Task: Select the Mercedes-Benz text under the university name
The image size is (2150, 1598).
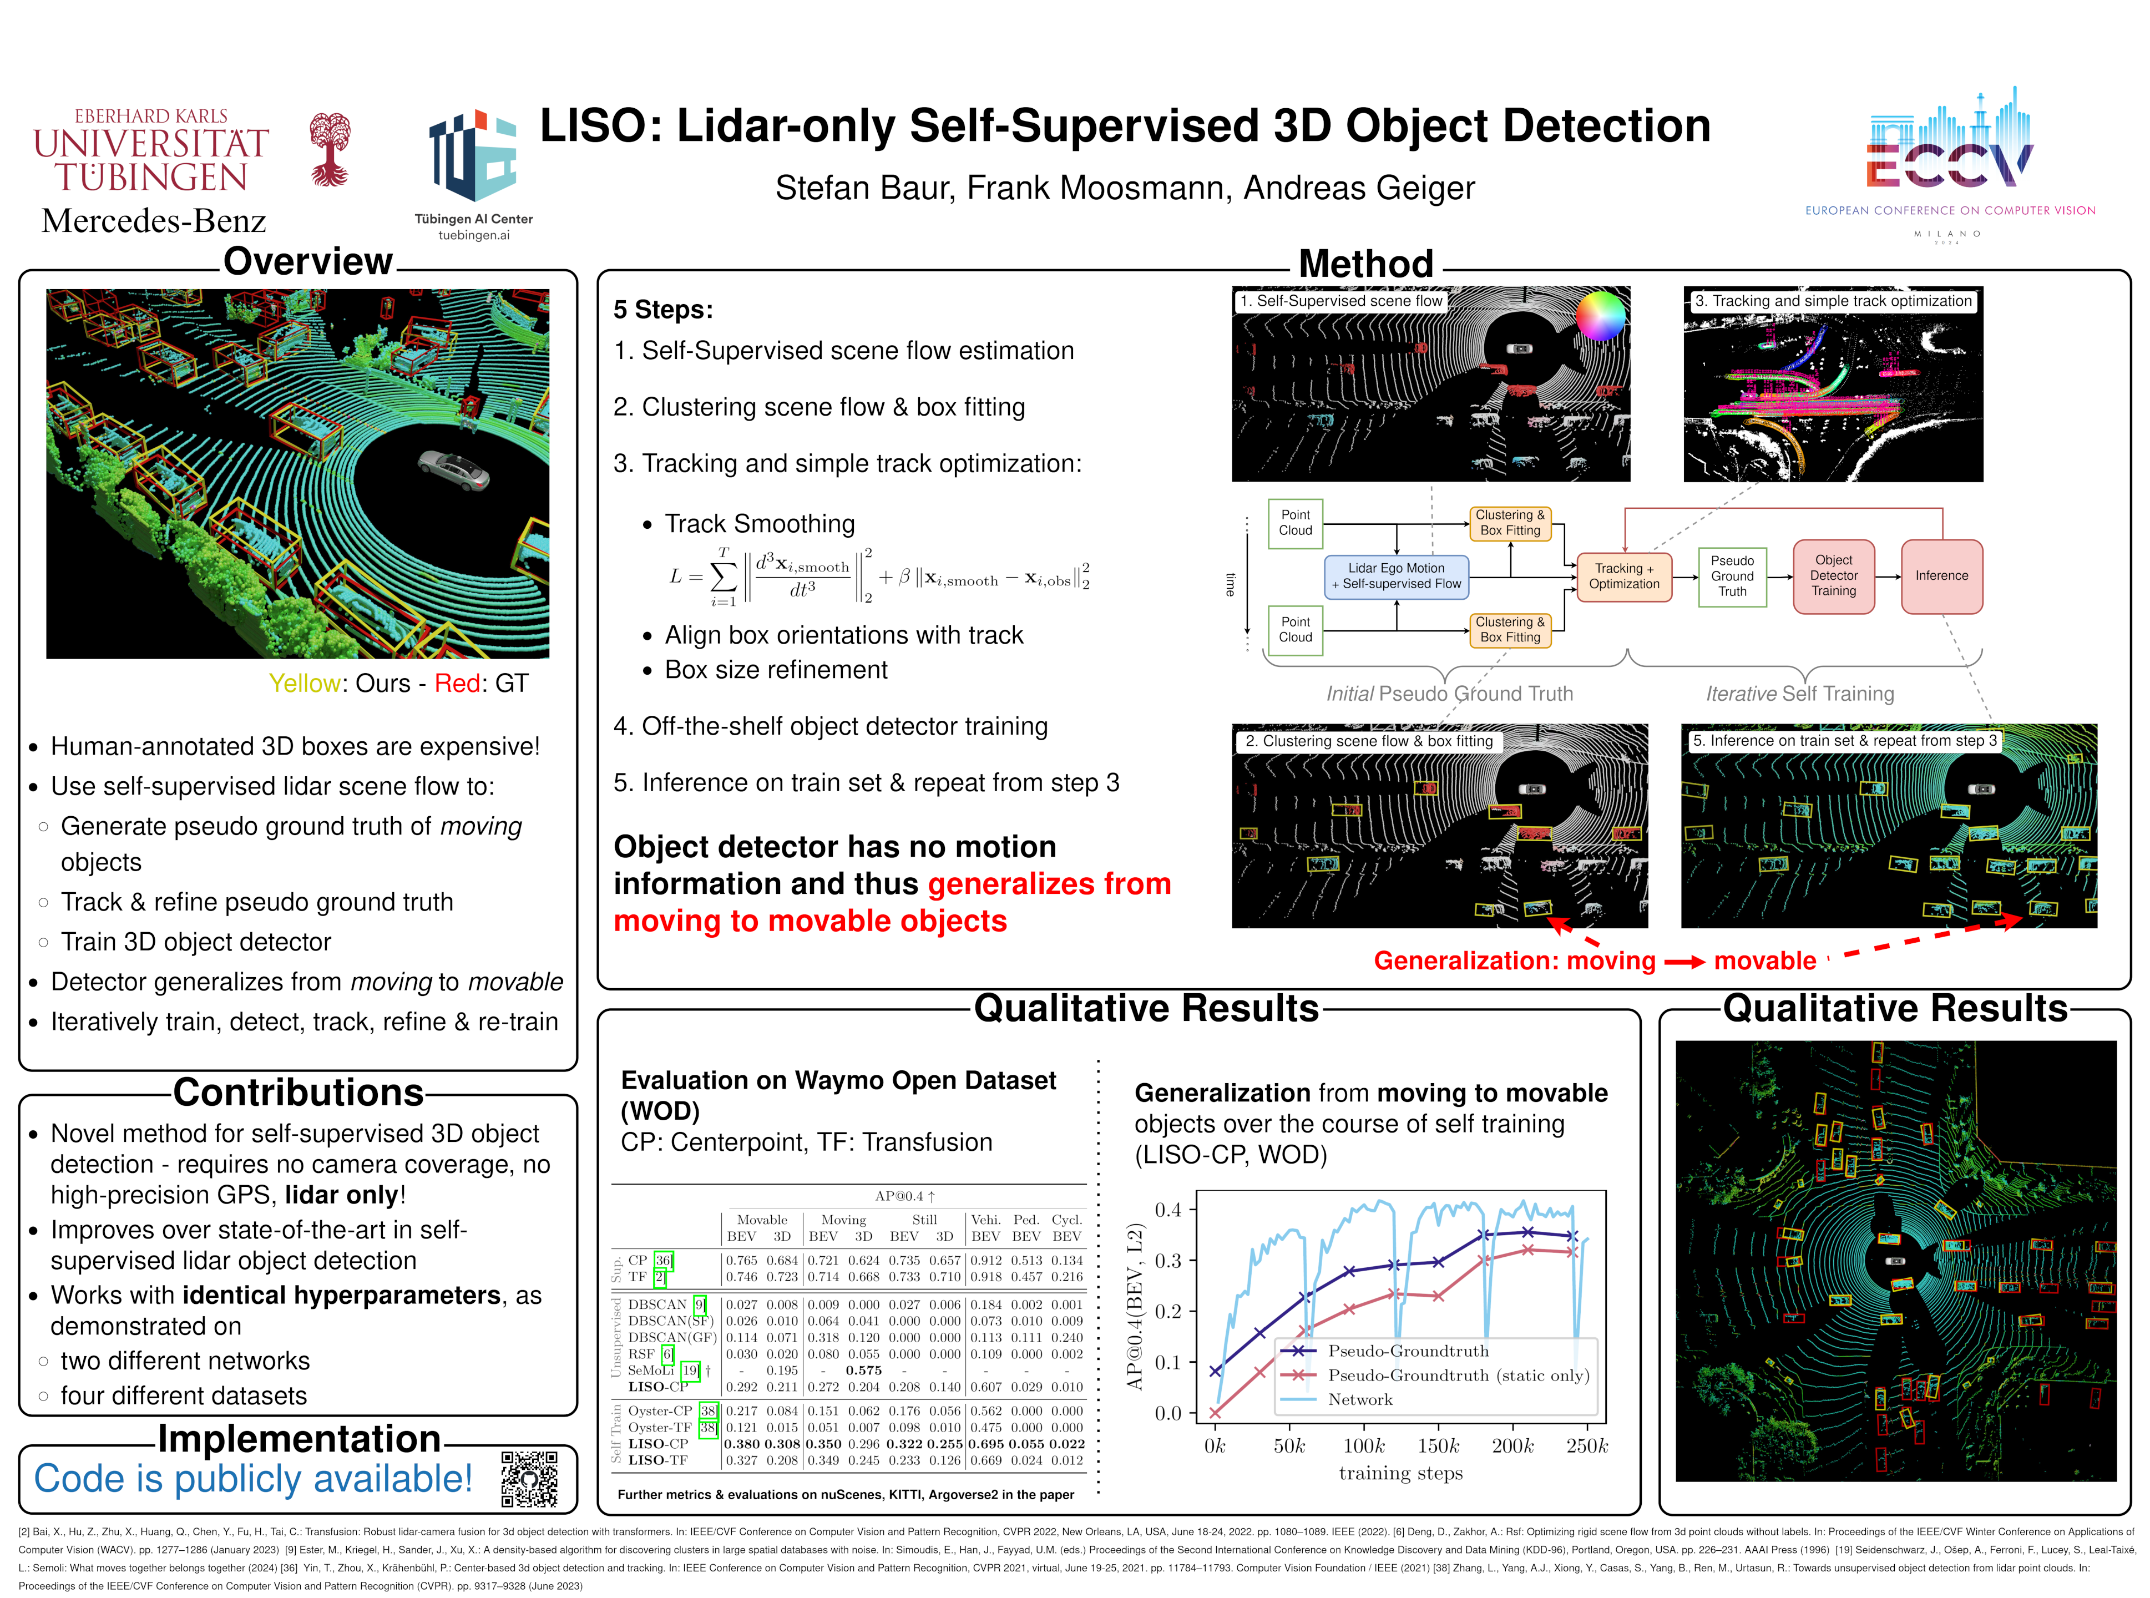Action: (x=154, y=220)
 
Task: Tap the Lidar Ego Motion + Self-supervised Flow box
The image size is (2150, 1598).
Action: (x=1395, y=577)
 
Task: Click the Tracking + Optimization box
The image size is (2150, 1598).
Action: (x=1624, y=577)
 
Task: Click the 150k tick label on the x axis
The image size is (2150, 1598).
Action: (x=1438, y=1446)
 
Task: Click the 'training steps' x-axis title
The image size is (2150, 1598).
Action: (x=1400, y=1473)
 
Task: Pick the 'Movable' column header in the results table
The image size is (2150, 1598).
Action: (x=762, y=1220)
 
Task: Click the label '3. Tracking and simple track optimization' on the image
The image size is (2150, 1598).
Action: (x=1833, y=301)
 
